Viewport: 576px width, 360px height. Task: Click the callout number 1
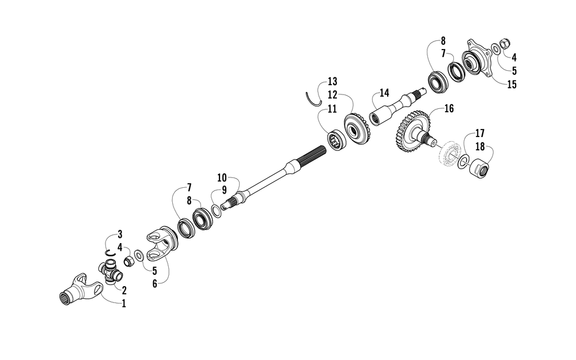tap(124, 304)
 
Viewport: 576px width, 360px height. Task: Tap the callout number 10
tap(222, 178)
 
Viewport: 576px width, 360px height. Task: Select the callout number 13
tap(332, 81)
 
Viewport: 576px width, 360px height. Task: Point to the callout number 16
tap(449, 108)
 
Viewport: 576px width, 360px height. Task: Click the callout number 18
tap(480, 146)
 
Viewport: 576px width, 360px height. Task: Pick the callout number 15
tap(511, 85)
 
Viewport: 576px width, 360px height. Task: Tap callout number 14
tap(384, 93)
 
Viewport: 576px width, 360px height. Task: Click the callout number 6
tap(154, 283)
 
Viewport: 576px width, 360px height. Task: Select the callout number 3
tap(120, 234)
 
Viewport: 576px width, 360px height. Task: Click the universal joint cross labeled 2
tap(111, 271)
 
